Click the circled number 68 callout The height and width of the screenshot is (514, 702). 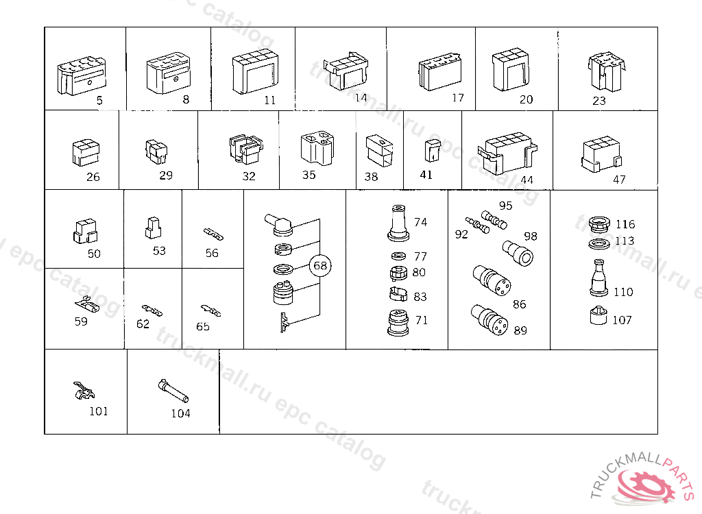click(320, 265)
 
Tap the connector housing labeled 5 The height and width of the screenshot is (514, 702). click(82, 75)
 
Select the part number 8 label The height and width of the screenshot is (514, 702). click(186, 99)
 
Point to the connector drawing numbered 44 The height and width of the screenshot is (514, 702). click(507, 153)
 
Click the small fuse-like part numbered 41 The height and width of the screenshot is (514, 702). click(432, 151)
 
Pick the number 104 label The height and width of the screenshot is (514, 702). click(180, 413)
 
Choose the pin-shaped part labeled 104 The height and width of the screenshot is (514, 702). click(173, 391)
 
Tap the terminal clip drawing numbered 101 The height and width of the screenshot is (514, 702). click(84, 391)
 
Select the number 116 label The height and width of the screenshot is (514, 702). click(625, 224)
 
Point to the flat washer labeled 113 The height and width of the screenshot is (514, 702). click(599, 245)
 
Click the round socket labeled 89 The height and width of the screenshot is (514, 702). click(489, 320)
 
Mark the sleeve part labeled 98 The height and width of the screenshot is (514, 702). click(518, 253)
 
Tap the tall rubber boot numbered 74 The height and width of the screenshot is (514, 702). click(398, 223)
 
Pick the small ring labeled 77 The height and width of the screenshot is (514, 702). click(398, 256)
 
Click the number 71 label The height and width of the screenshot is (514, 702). click(422, 320)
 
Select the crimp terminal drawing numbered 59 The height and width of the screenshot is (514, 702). click(87, 306)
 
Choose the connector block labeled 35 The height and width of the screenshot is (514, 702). click(317, 148)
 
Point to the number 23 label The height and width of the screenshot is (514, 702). click(599, 101)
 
